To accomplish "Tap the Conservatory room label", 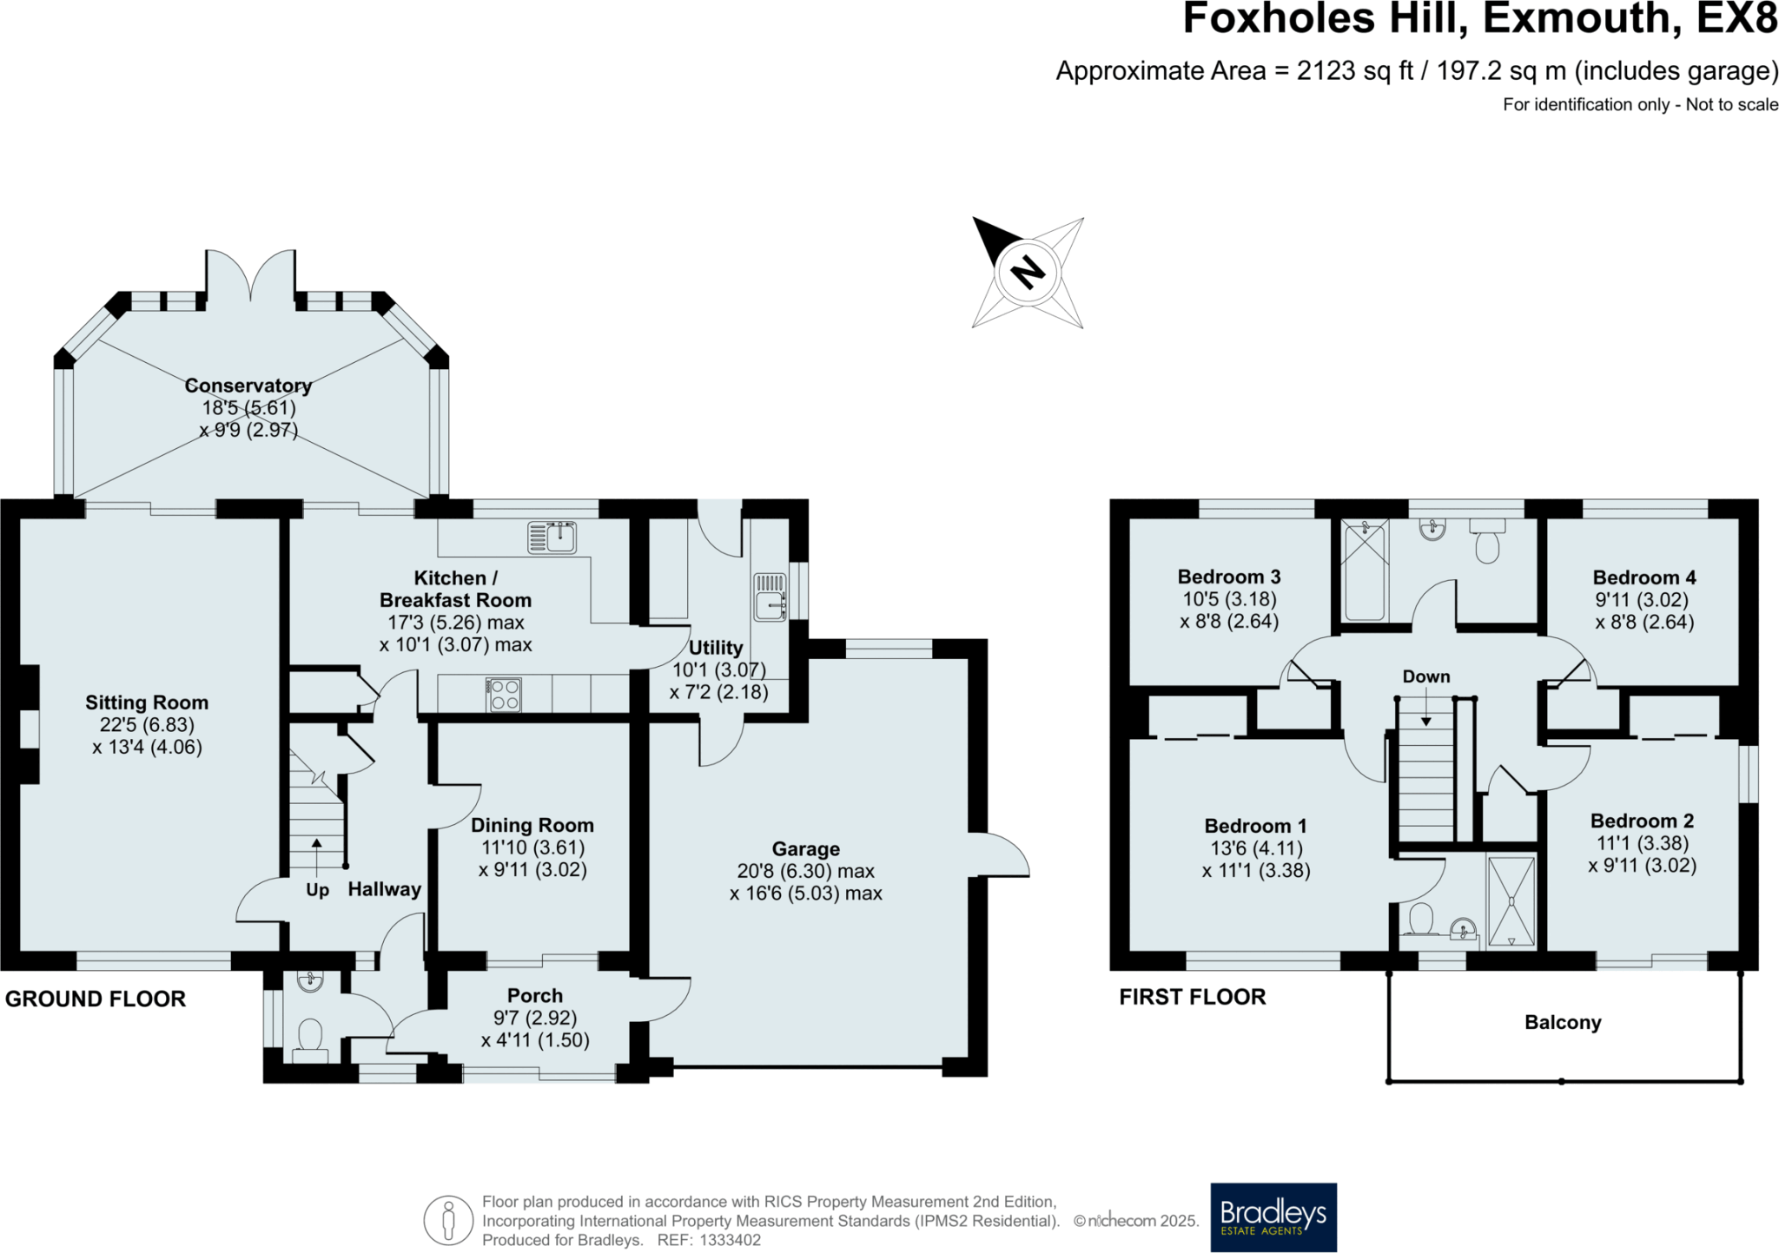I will [248, 386].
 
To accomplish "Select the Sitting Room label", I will [147, 702].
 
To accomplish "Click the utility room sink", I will [770, 596].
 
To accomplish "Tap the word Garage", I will [806, 848].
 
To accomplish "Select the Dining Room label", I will [532, 825].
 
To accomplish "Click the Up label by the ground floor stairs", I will [317, 890].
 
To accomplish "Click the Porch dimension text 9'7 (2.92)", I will [535, 1018].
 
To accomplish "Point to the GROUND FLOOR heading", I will [96, 999].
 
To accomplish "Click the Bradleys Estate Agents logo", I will [1273, 1217].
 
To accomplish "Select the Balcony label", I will [1563, 1022].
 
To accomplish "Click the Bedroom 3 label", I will [1229, 577].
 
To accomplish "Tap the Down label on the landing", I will [1426, 676].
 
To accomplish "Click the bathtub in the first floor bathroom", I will [1366, 570].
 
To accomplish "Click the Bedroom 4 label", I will [1644, 577].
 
